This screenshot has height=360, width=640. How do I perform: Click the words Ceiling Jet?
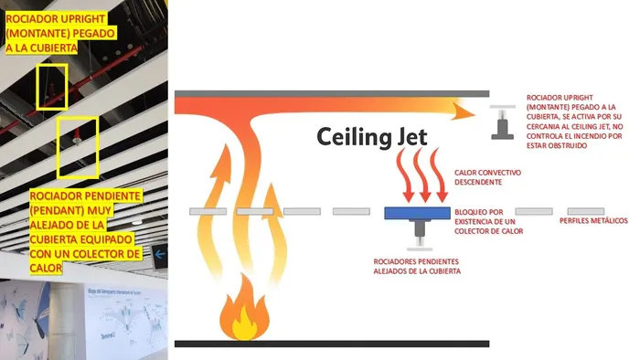[372, 136]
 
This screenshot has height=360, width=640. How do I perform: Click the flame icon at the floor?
[244, 308]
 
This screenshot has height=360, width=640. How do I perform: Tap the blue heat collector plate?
[417, 213]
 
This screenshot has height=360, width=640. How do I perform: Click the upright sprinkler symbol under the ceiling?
[503, 122]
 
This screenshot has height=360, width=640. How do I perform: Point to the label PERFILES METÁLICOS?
[593, 220]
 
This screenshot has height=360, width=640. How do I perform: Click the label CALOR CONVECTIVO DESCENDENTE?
[487, 177]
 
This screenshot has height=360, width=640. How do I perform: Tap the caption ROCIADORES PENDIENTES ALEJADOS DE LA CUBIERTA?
[417, 266]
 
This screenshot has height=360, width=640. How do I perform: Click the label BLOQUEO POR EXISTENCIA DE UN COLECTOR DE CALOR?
[488, 221]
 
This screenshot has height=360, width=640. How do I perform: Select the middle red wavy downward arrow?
[422, 175]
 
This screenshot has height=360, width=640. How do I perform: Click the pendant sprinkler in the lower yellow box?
[76, 136]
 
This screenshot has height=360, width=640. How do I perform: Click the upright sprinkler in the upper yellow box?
[52, 89]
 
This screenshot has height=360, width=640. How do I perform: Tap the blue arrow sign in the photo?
[159, 255]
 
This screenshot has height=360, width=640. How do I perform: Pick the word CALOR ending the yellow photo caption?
[46, 268]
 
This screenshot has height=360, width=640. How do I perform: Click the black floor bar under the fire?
[332, 344]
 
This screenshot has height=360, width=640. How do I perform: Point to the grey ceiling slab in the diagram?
[332, 94]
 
